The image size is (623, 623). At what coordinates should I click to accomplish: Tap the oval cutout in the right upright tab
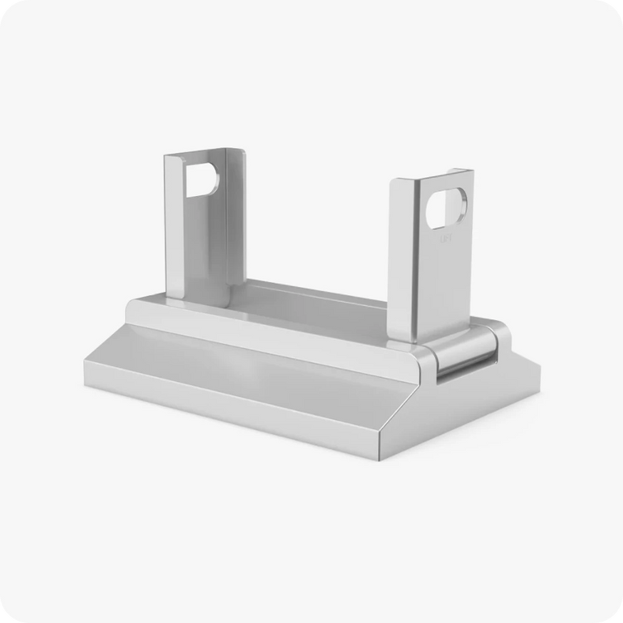click(x=447, y=211)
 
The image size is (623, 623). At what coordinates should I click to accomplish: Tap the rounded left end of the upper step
click(x=133, y=310)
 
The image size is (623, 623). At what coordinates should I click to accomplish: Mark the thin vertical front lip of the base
click(x=237, y=419)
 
